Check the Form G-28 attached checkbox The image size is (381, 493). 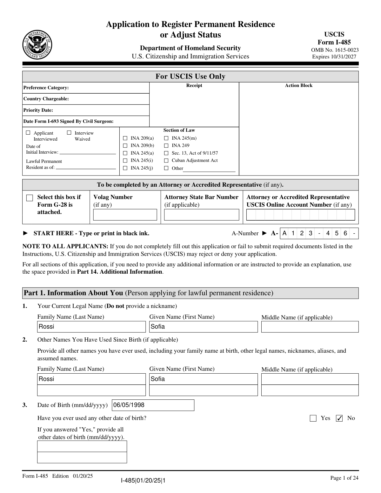(30, 198)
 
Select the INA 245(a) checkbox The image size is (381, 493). (125, 153)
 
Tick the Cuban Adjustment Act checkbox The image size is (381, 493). (166, 161)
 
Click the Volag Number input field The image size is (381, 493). (125, 215)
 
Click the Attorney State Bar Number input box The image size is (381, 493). (201, 215)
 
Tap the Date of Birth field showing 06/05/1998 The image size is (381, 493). (153, 405)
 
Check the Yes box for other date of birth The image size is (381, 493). (313, 418)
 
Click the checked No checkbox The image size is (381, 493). (339, 418)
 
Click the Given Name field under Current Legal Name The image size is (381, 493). (203, 327)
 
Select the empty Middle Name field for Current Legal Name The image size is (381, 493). (310, 327)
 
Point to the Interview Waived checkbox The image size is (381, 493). (69, 133)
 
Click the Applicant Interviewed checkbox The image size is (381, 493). (28, 133)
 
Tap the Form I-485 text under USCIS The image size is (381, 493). (334, 42)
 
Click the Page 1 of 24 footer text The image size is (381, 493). (344, 478)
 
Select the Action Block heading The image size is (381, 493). (298, 85)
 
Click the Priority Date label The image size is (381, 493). (38, 110)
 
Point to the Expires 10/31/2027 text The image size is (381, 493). (334, 57)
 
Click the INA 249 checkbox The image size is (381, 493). (166, 146)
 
